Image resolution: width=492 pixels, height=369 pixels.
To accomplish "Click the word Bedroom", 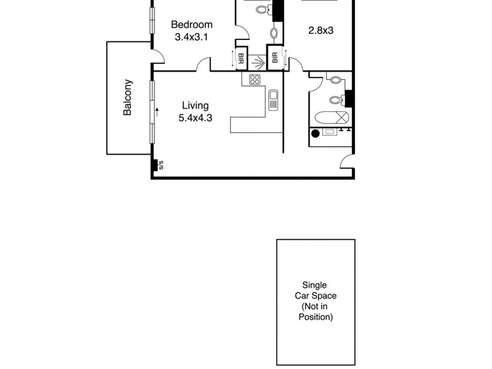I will [x=191, y=25].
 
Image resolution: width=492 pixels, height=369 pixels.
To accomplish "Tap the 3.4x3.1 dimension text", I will [x=191, y=37].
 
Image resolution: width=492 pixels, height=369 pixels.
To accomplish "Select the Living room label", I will [x=195, y=106].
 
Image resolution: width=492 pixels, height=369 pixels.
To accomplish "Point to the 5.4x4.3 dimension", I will [x=195, y=118].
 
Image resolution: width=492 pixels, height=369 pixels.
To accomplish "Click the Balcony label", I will [x=128, y=98].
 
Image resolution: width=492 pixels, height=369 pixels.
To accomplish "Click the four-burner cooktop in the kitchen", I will [x=255, y=80].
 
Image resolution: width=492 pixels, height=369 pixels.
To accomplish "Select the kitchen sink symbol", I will [x=274, y=99].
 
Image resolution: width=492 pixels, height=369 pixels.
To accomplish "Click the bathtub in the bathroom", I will [x=333, y=117].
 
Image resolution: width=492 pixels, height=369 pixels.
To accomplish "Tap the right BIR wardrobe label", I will [x=274, y=58].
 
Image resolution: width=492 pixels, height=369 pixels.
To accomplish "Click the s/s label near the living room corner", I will [x=161, y=165].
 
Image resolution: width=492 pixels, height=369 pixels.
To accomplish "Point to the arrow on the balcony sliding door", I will [x=157, y=112].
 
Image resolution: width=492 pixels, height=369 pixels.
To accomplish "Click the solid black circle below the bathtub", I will [x=315, y=133].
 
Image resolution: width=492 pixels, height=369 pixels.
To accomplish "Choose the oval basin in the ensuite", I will [x=275, y=31].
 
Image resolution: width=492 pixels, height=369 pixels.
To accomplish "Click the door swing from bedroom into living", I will [x=204, y=65].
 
